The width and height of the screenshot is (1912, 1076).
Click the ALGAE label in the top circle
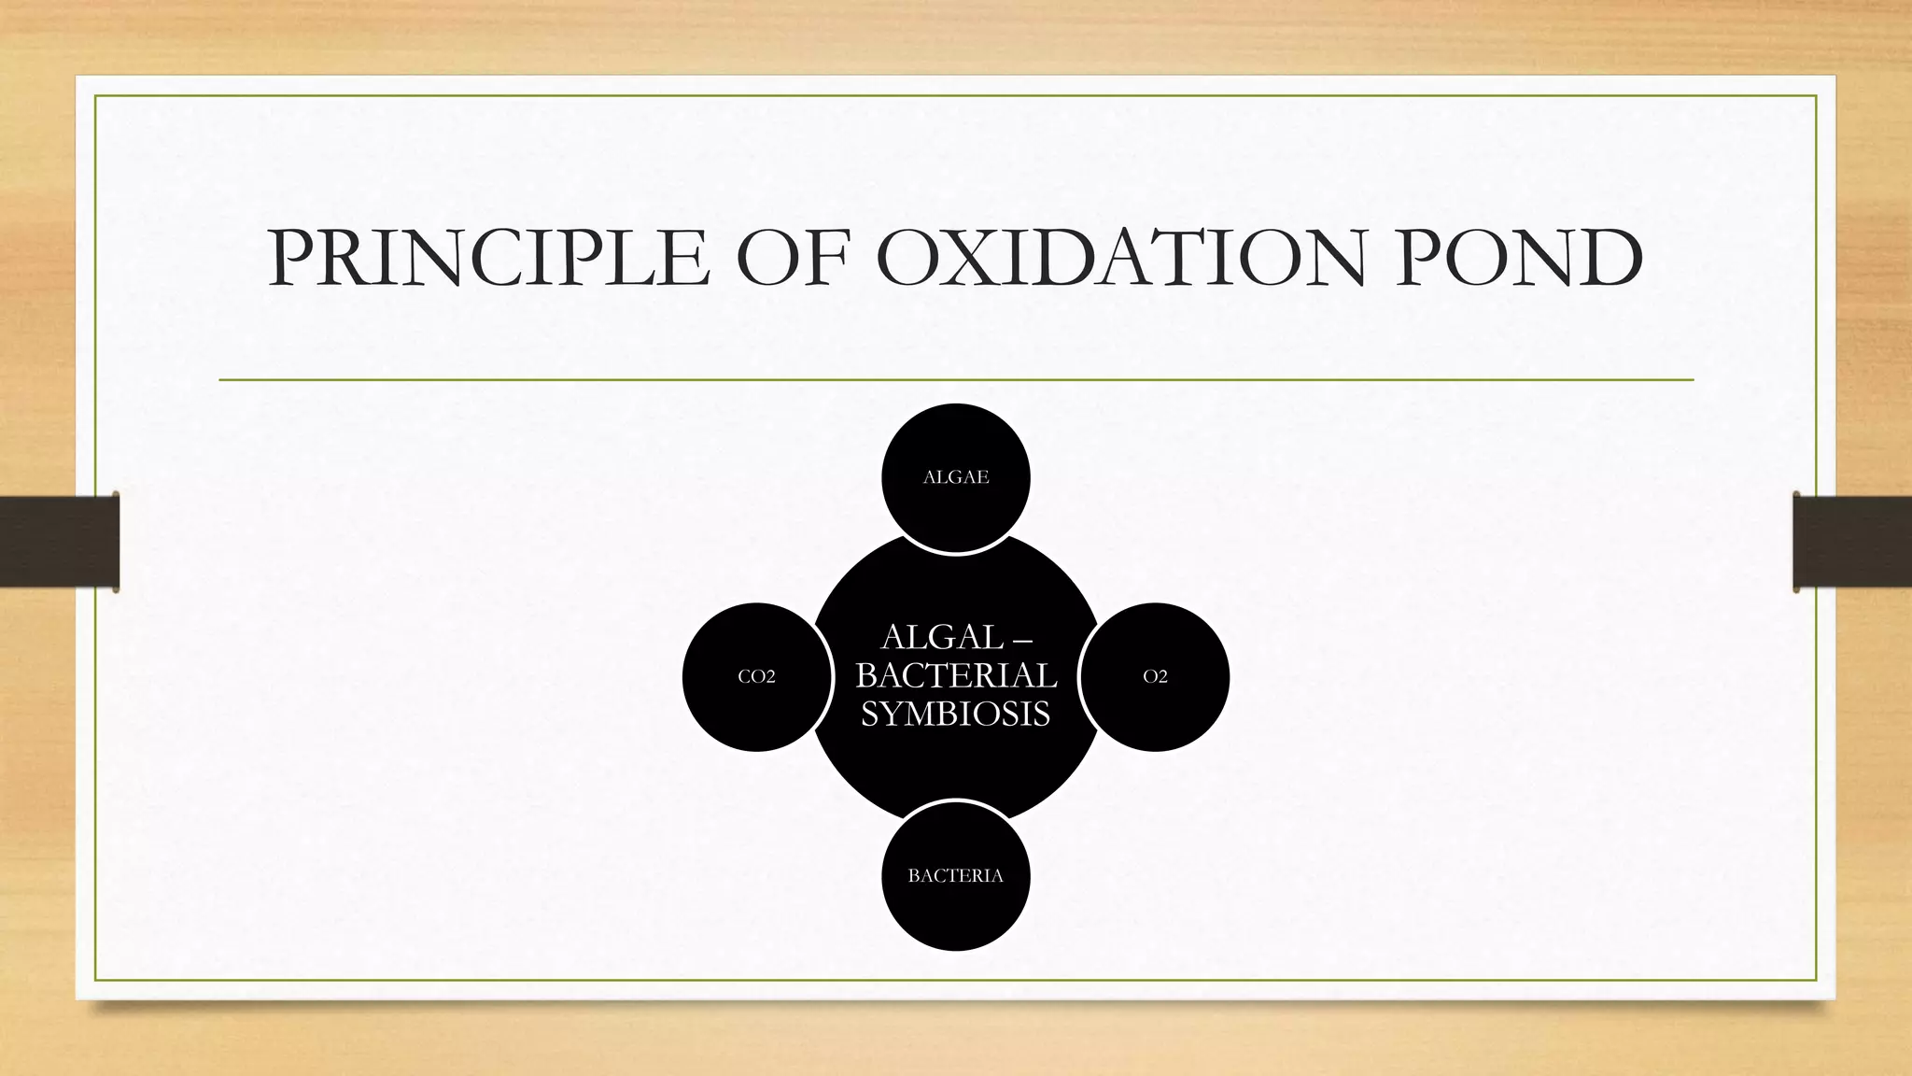(x=955, y=477)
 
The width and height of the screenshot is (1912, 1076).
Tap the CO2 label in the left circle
(x=756, y=677)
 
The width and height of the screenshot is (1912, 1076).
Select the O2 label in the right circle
(x=1155, y=677)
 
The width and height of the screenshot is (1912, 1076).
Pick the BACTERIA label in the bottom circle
(x=955, y=876)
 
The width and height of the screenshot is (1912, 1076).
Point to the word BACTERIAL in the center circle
(x=956, y=675)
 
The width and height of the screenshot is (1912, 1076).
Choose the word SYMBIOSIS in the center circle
(x=955, y=715)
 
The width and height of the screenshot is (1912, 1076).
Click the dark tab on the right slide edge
(x=1852, y=542)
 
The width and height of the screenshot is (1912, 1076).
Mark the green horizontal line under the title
(x=956, y=380)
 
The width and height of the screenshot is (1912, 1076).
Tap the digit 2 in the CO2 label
(x=770, y=677)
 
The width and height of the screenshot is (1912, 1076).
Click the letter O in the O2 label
(x=1149, y=677)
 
